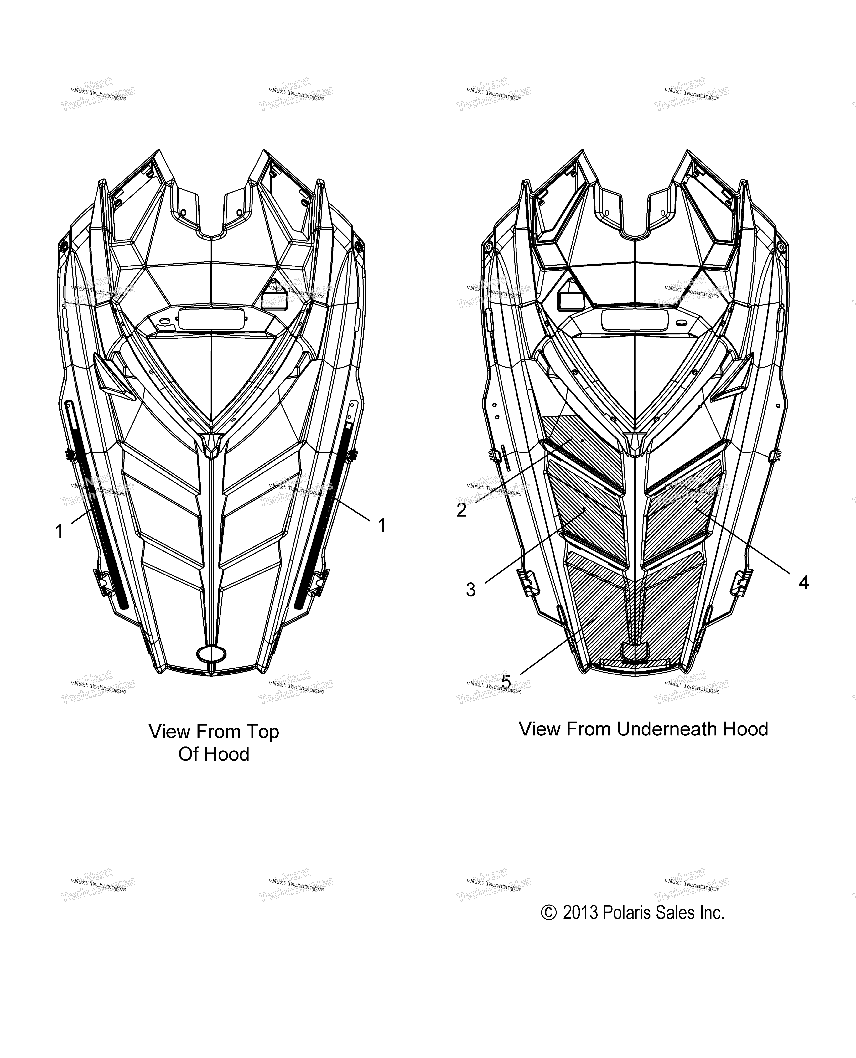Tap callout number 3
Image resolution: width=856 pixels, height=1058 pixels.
pyautogui.click(x=471, y=590)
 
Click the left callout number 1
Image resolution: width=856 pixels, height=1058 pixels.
pyautogui.click(x=59, y=531)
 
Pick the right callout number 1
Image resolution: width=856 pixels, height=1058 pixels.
pyautogui.click(x=382, y=526)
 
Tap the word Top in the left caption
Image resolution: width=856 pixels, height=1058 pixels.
pyautogui.click(x=262, y=732)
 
